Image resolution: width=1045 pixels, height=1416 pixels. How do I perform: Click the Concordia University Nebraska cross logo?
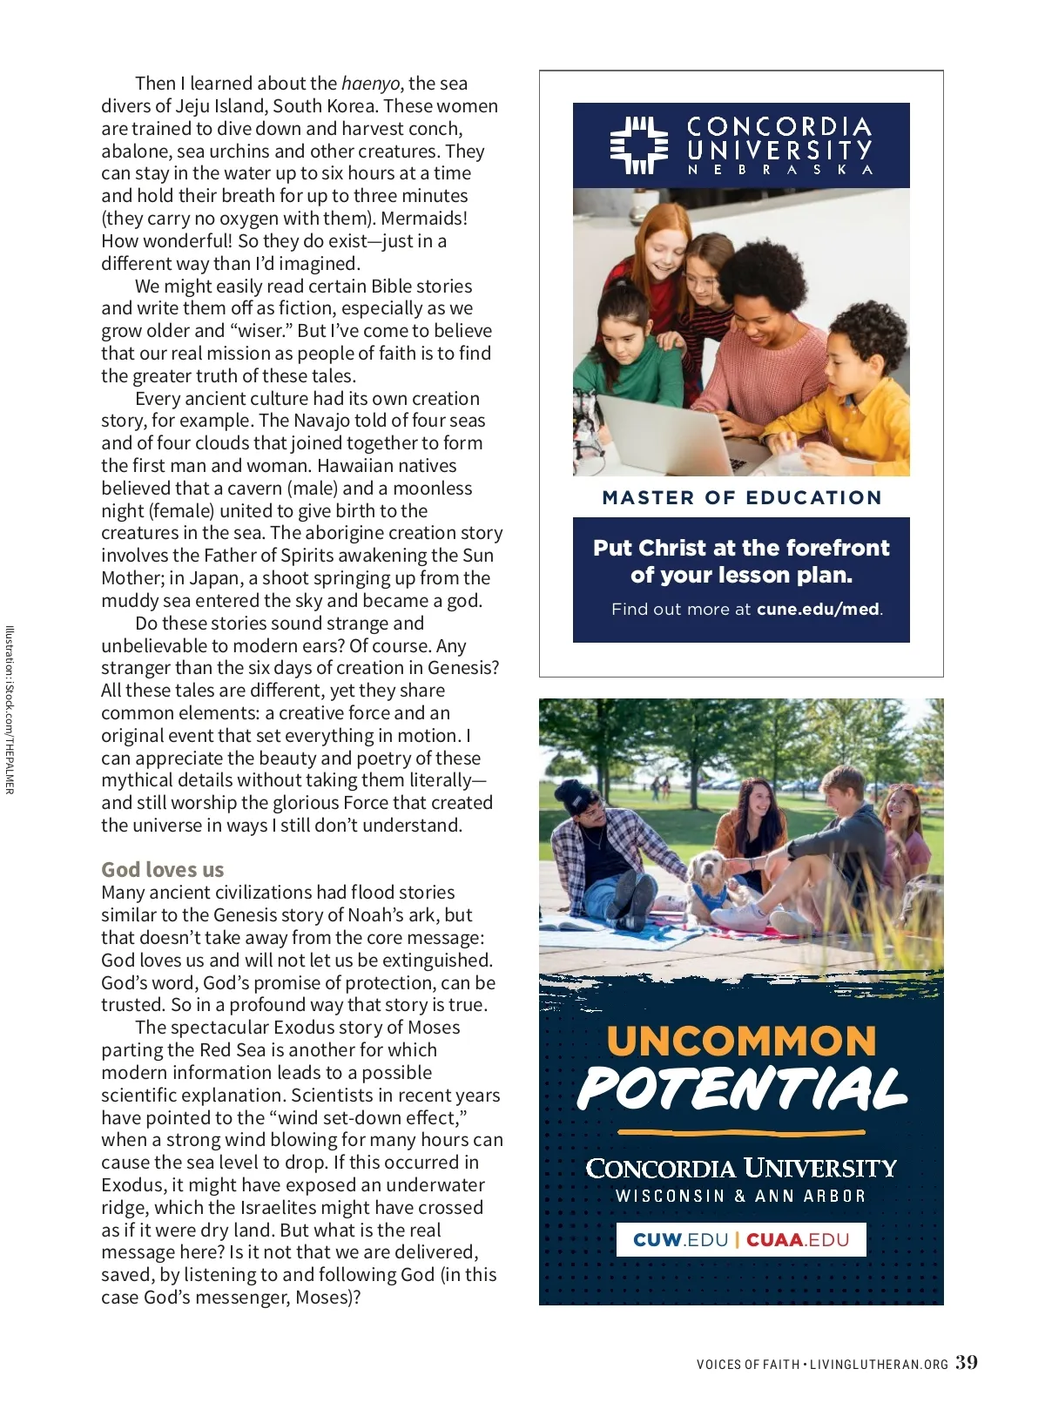click(x=639, y=145)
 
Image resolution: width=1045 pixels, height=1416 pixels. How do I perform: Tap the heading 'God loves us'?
click(x=162, y=869)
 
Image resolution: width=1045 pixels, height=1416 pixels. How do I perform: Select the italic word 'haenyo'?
click(x=370, y=84)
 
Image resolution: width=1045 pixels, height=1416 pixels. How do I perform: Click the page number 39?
click(x=967, y=1363)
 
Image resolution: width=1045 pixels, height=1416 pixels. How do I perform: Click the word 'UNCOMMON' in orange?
click(x=741, y=1042)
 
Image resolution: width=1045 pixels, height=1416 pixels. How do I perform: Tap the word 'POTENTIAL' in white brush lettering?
click(x=742, y=1089)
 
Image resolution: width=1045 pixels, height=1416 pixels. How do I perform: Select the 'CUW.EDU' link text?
click(x=680, y=1240)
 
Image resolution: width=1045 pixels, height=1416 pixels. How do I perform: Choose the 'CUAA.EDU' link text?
click(x=798, y=1240)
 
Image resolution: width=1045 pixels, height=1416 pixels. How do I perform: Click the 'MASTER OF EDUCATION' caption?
click(x=742, y=498)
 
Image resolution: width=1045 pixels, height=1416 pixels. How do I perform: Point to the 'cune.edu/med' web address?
click(x=818, y=610)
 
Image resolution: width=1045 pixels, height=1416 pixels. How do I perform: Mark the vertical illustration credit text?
click(x=10, y=710)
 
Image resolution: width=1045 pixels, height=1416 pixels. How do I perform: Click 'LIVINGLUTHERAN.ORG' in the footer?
click(x=879, y=1365)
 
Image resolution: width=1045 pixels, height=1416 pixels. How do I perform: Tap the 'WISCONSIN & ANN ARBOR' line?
click(x=741, y=1197)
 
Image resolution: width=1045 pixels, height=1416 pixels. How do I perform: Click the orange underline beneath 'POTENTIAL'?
click(x=741, y=1133)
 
